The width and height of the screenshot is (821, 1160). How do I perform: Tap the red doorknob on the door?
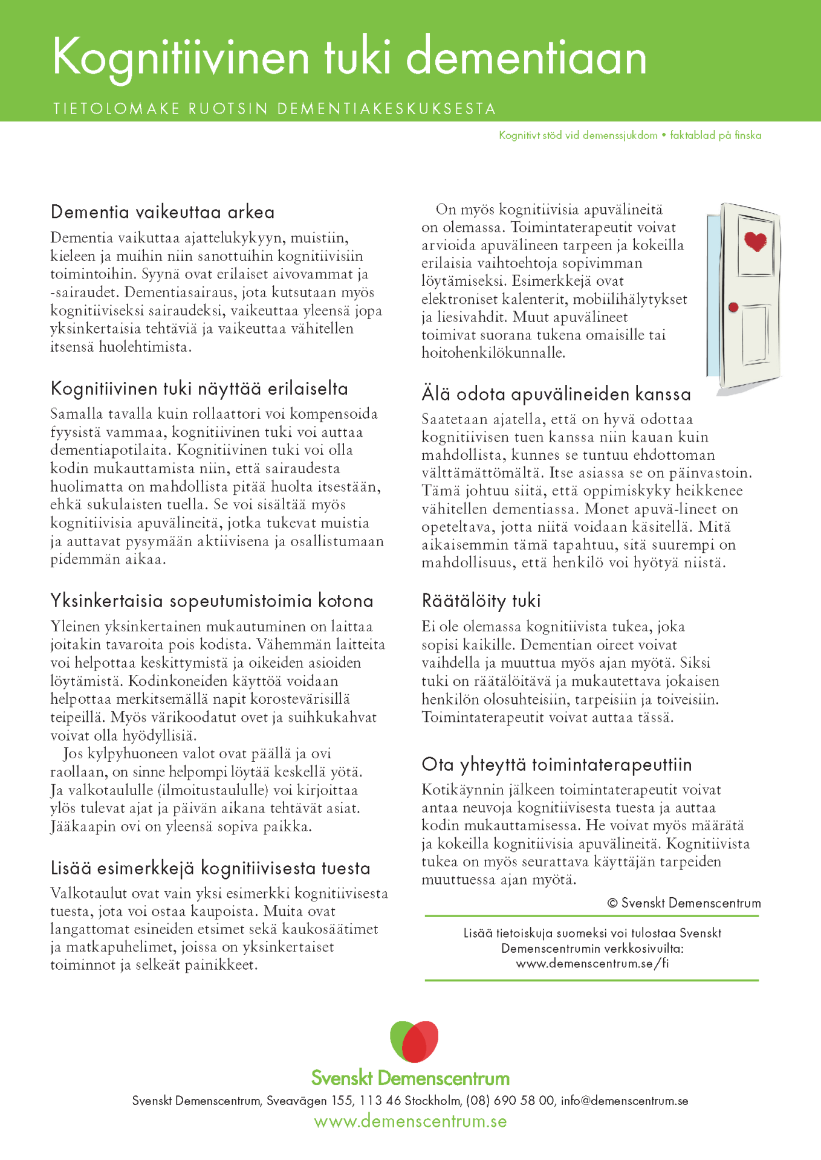click(x=733, y=308)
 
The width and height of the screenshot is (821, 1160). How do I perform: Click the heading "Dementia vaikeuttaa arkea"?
click(x=163, y=212)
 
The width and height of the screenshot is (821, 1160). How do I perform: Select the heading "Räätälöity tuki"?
click(x=481, y=601)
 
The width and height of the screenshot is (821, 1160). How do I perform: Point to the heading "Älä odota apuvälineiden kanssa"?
click(x=556, y=394)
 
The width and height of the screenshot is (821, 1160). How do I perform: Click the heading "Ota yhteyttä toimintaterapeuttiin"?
click(x=556, y=764)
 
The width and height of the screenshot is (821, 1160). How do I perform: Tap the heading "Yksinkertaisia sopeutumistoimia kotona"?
click(x=212, y=601)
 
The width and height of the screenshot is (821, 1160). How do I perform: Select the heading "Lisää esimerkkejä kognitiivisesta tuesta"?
click(x=210, y=868)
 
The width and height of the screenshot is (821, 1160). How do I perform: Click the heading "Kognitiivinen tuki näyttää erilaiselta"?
click(x=199, y=388)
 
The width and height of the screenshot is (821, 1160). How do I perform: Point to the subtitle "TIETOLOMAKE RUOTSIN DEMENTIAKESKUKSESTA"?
click(x=274, y=109)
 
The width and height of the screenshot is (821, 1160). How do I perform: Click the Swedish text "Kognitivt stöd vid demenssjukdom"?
click(x=578, y=135)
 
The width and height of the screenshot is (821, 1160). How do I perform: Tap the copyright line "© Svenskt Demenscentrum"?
click(x=684, y=903)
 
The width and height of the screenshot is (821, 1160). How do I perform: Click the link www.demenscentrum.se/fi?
click(x=592, y=963)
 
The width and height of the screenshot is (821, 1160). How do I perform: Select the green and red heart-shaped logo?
click(x=414, y=1041)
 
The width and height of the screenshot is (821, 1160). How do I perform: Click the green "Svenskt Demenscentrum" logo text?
click(x=410, y=1078)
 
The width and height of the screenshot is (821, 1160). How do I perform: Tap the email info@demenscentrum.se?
click(x=625, y=1101)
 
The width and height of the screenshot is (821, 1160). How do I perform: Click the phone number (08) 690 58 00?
click(x=510, y=1101)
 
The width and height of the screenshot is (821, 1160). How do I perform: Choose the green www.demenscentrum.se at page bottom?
click(x=410, y=1121)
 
